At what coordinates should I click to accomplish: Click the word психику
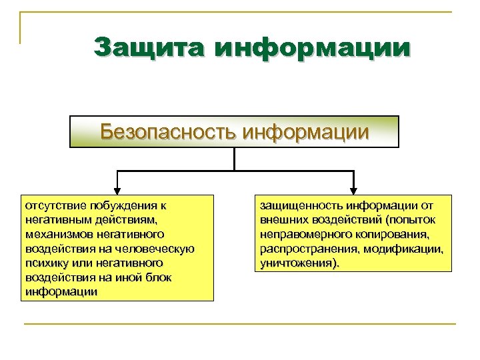pos(45,263)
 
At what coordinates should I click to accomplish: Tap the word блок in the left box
pos(156,277)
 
